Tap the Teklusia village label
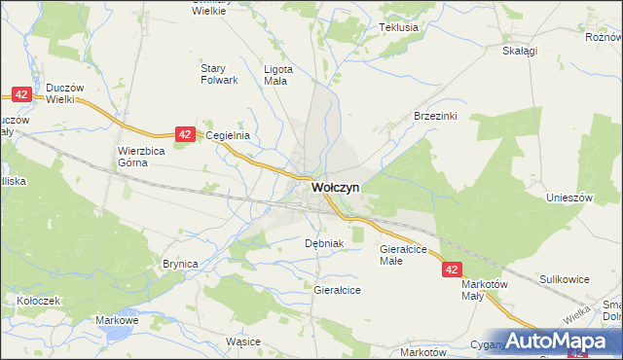click(399, 27)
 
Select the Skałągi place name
click(521, 52)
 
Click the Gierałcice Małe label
click(403, 255)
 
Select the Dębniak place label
click(325, 243)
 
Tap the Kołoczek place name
click(38, 301)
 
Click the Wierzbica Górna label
click(142, 157)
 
